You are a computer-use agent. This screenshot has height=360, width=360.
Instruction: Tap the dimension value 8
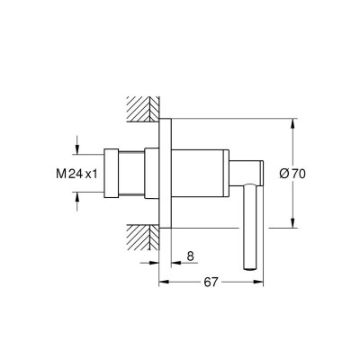(190, 256)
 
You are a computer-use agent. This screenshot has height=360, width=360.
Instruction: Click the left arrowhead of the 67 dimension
(163, 282)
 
